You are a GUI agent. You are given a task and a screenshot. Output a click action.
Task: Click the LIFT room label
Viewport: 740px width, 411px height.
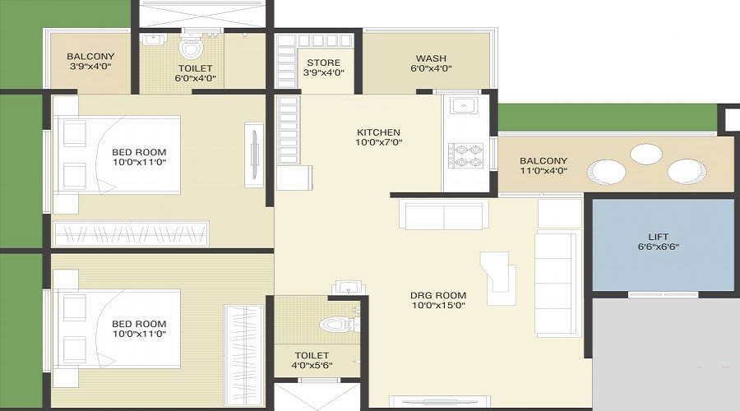pos(658,237)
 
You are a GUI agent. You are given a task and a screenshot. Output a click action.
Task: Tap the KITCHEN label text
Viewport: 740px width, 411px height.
pos(378,132)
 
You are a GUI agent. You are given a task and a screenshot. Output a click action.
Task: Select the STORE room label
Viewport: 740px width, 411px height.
pos(324,62)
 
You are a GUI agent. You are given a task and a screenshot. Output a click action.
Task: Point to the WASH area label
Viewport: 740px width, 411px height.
pos(431,58)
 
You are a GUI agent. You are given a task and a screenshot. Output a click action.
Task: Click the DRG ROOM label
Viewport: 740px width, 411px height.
pos(438,295)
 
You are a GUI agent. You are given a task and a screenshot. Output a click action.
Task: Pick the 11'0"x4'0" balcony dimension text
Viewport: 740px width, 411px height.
pos(543,171)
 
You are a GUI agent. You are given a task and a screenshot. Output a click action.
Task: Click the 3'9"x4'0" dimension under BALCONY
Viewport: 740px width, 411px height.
pos(90,67)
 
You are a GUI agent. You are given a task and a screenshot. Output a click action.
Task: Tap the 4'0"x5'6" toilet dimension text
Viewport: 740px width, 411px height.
pos(312,365)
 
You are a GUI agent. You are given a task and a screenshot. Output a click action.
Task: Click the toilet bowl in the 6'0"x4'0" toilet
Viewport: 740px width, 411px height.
pos(191,47)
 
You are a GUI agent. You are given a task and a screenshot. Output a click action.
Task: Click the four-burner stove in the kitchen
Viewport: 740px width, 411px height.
pos(465,155)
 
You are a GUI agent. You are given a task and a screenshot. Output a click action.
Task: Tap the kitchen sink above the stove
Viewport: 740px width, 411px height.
pos(464,105)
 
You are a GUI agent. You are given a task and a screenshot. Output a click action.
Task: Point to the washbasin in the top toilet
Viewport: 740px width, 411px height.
pos(152,39)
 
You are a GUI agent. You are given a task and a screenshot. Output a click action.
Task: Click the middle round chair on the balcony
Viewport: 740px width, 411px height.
pos(646,154)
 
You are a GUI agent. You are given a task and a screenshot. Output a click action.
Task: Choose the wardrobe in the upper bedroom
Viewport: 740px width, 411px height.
pos(132,233)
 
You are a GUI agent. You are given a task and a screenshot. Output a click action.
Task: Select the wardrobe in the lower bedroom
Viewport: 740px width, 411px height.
pos(243,356)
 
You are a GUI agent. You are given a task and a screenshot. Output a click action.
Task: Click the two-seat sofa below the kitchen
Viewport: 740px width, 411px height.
pos(444,215)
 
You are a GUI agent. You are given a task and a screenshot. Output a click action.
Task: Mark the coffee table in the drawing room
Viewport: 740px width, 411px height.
pos(498,279)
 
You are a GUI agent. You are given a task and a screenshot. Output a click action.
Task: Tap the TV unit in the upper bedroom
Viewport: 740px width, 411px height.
pos(254,155)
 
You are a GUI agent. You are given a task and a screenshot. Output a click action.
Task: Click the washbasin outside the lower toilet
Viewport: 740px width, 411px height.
pos(349,288)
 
